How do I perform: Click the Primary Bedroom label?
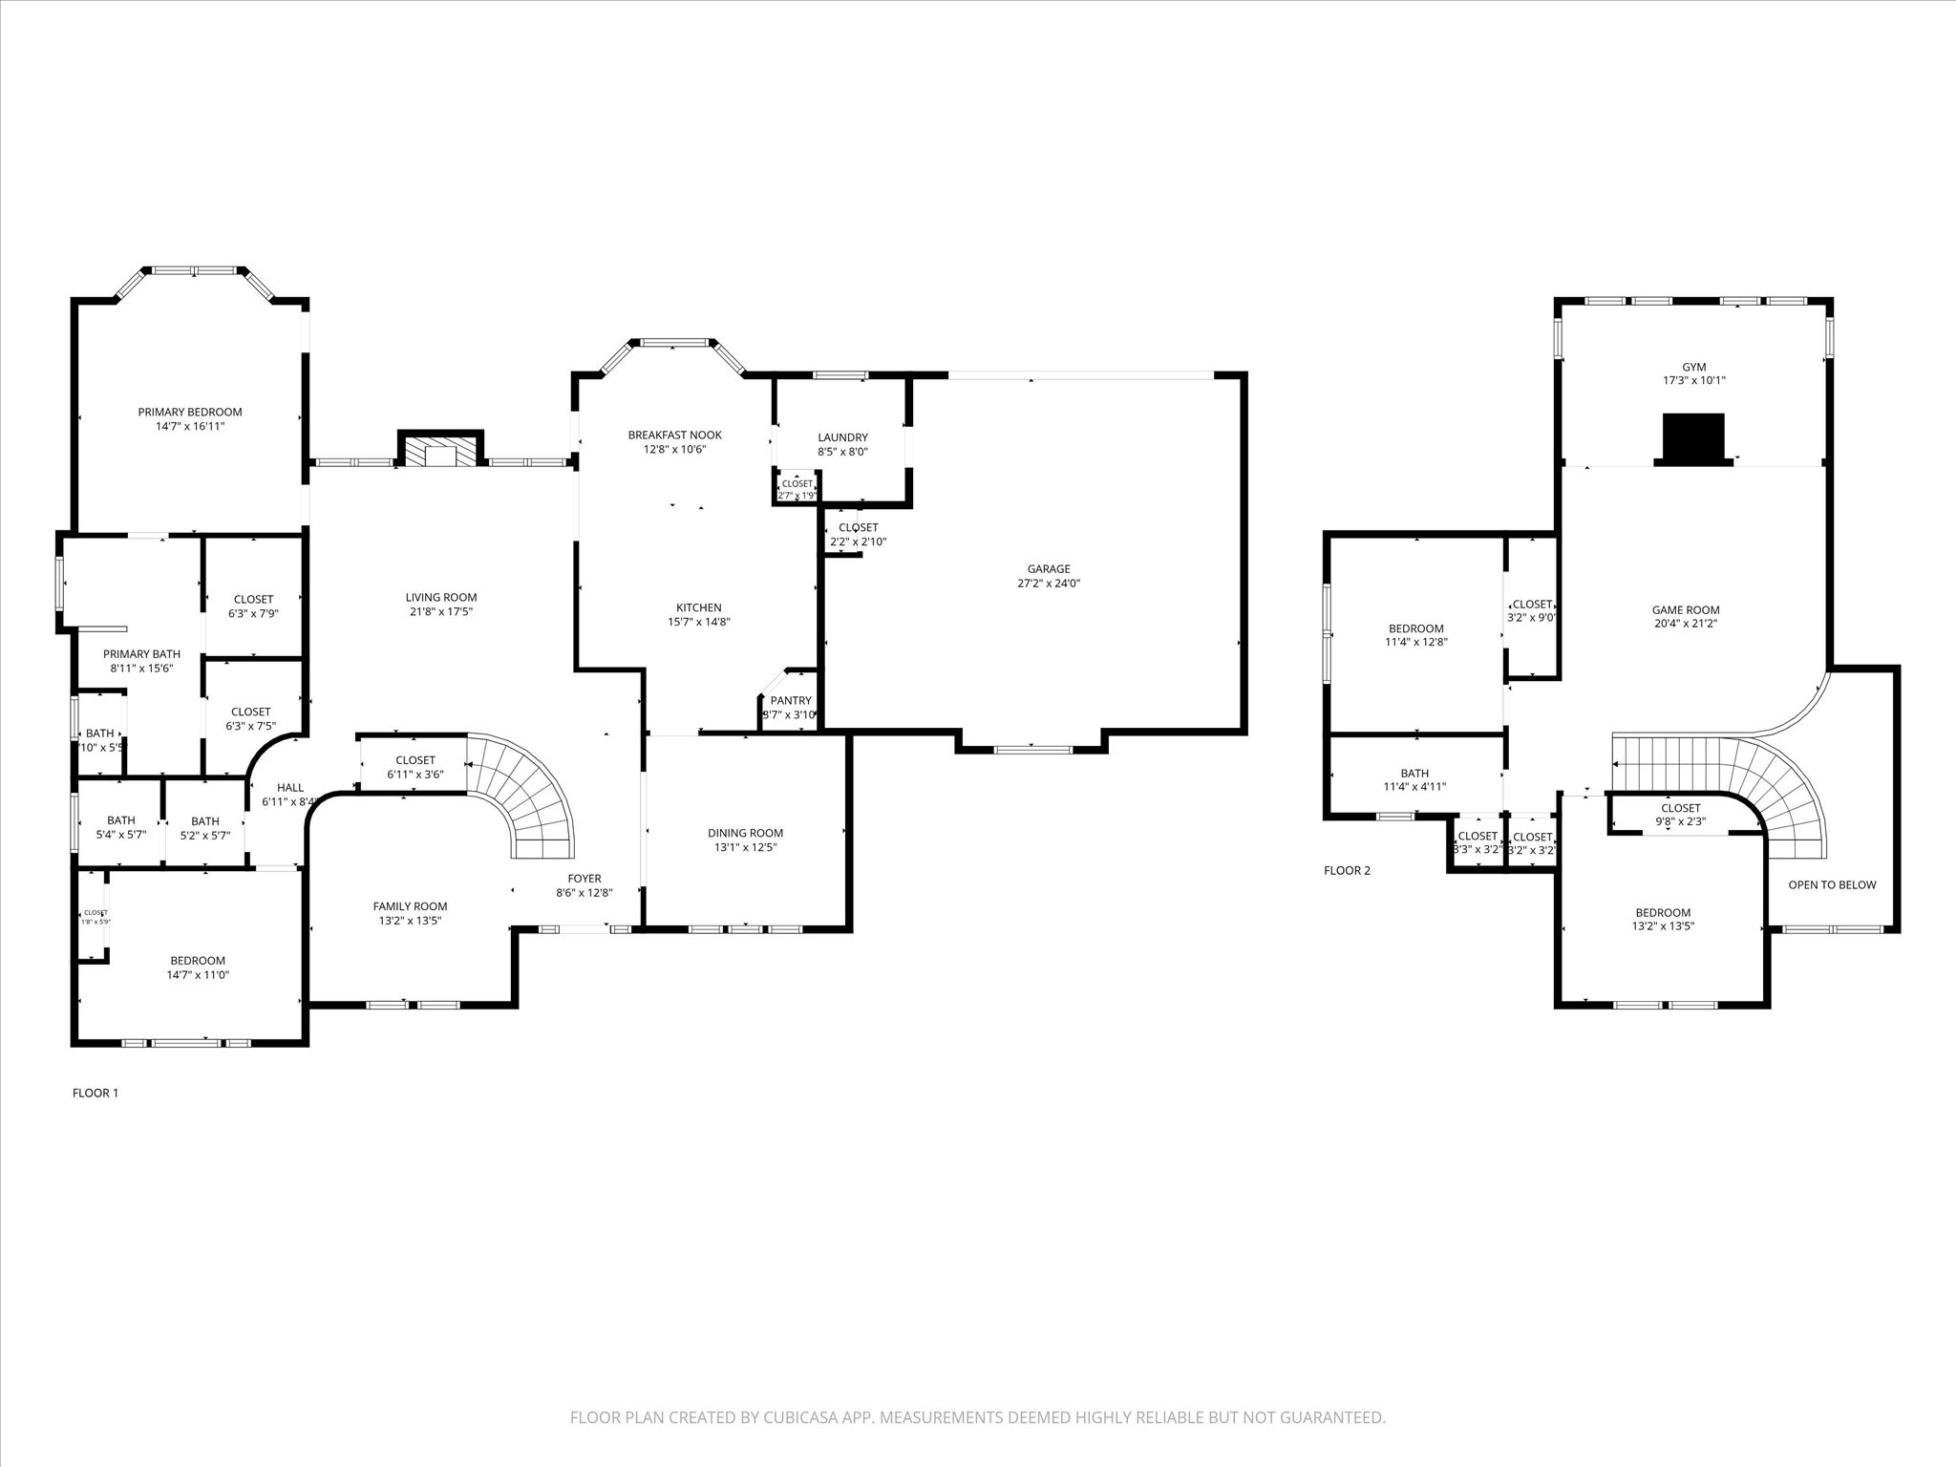click(189, 413)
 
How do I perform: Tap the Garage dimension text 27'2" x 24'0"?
click(1049, 584)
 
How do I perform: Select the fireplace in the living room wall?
click(440, 453)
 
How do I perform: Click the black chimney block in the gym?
click(1693, 438)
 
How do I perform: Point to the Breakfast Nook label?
click(674, 436)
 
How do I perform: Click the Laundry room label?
click(842, 438)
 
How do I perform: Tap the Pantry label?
click(791, 701)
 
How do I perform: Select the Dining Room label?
click(745, 834)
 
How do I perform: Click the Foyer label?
click(585, 880)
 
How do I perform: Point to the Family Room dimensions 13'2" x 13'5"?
click(410, 922)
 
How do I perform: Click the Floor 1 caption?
click(96, 1094)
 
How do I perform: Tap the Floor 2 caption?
click(1347, 871)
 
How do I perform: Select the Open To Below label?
click(1831, 885)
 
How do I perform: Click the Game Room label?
click(1686, 610)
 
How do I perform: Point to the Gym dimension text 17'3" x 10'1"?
click(1693, 380)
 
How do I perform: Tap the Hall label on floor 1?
click(289, 788)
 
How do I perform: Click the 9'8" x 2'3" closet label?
click(1680, 821)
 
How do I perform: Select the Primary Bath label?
click(141, 654)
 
